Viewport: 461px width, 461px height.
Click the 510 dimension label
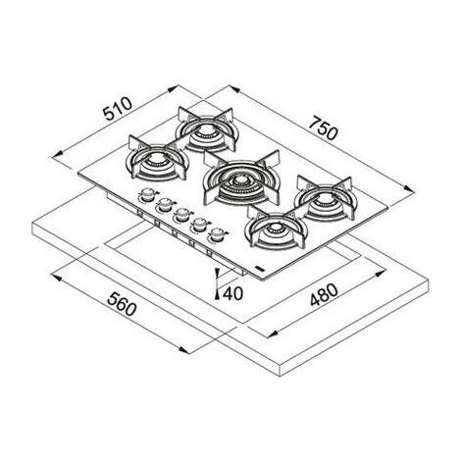tap(118, 108)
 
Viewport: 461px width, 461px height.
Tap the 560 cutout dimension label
tap(122, 304)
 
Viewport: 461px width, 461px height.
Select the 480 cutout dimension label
tap(324, 295)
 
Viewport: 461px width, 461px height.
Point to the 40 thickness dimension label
tap(232, 293)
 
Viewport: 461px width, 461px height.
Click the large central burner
tap(241, 180)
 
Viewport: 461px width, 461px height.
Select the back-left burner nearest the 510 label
tap(207, 129)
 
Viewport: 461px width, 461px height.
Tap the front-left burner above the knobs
tap(158, 159)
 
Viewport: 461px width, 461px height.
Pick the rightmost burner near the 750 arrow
tap(325, 199)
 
